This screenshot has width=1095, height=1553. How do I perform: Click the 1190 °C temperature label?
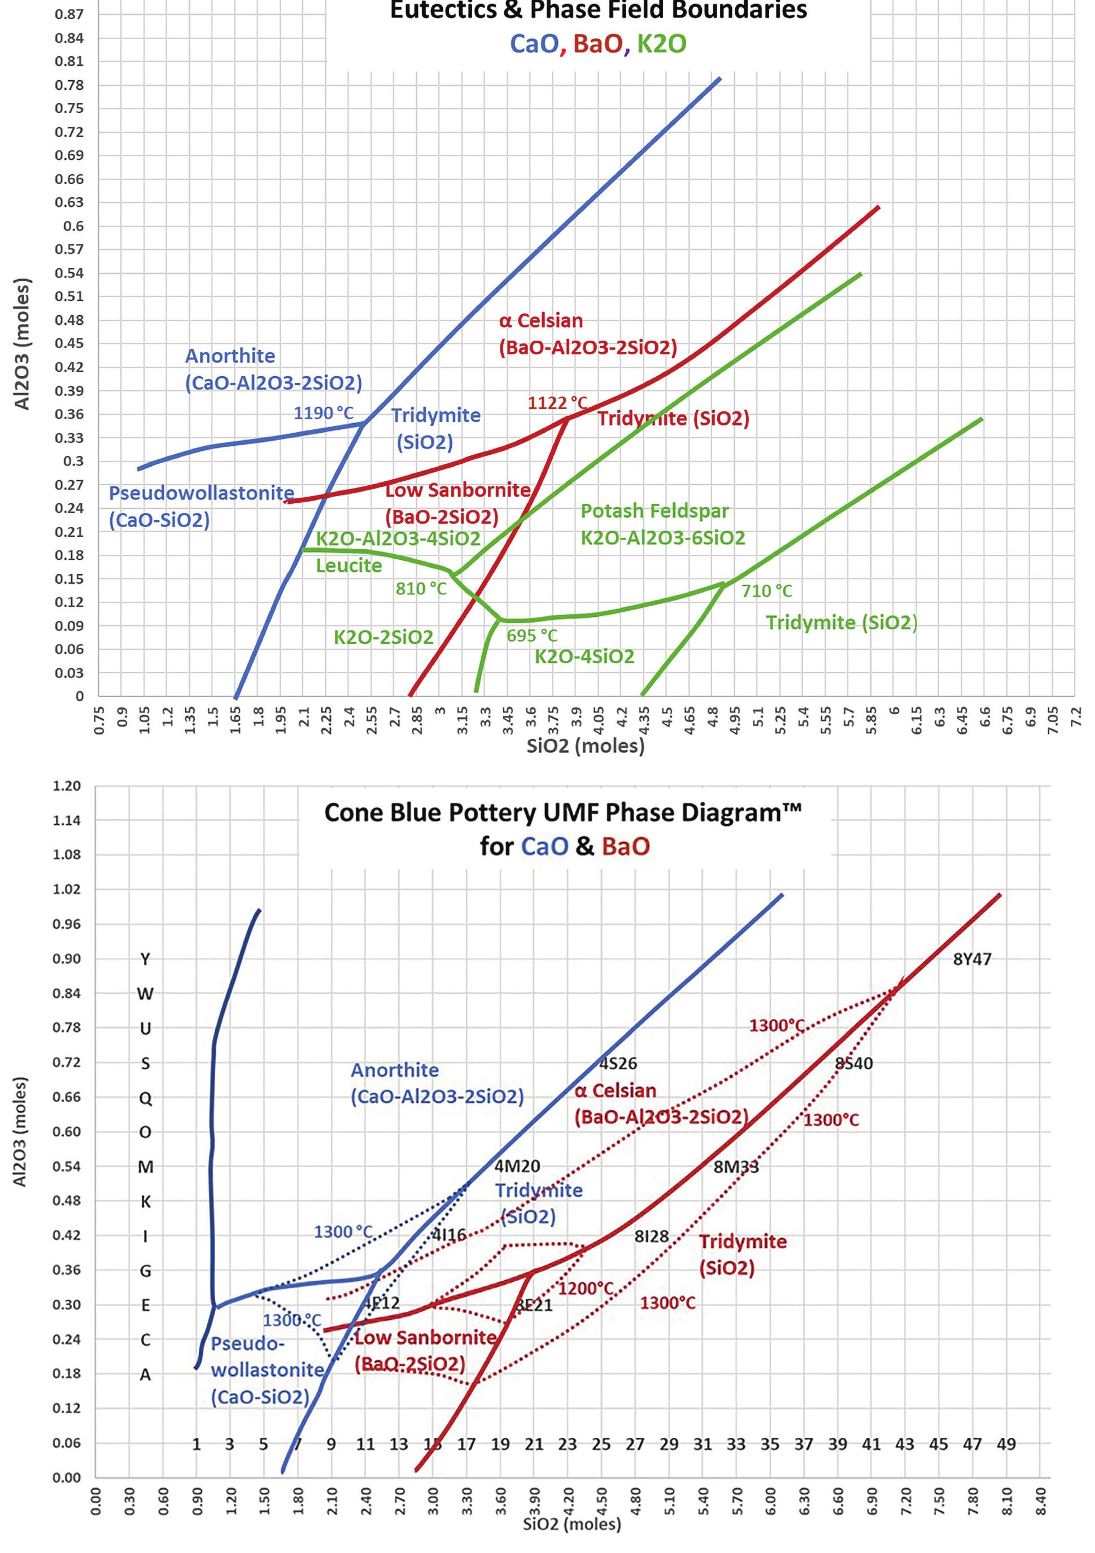click(323, 412)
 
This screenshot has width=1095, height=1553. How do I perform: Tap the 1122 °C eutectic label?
click(557, 403)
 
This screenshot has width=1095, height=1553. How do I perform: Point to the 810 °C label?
click(421, 589)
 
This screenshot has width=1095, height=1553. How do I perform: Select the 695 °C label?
click(531, 636)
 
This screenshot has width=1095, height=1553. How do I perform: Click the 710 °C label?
click(766, 591)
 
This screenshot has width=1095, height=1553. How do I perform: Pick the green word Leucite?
click(349, 565)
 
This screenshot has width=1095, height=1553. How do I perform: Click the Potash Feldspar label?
click(655, 511)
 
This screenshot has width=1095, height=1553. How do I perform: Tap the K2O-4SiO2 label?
click(584, 657)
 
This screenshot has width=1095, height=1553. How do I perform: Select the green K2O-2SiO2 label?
click(383, 637)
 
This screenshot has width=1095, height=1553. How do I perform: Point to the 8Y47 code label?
click(972, 959)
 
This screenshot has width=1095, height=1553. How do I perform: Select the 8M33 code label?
click(736, 1167)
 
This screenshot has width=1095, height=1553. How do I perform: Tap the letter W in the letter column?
click(145, 994)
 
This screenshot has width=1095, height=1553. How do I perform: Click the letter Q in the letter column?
click(145, 1098)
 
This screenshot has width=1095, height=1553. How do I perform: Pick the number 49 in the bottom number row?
click(1006, 1444)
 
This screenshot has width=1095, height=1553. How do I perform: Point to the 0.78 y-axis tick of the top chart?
click(69, 85)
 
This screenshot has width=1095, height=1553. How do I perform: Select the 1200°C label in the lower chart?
click(586, 1289)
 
